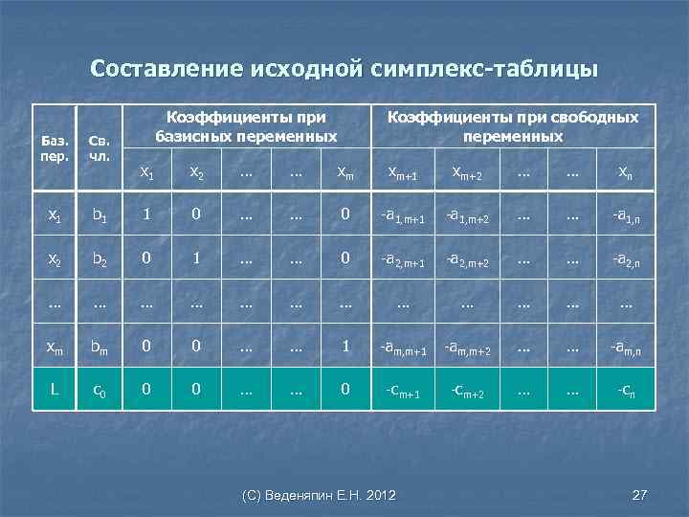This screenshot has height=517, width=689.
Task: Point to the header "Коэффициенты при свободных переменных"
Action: (512, 126)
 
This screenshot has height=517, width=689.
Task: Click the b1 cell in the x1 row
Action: (100, 217)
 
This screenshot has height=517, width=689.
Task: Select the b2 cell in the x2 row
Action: (100, 259)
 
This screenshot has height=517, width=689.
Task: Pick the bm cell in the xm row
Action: (100, 347)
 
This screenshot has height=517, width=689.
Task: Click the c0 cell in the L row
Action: (100, 390)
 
